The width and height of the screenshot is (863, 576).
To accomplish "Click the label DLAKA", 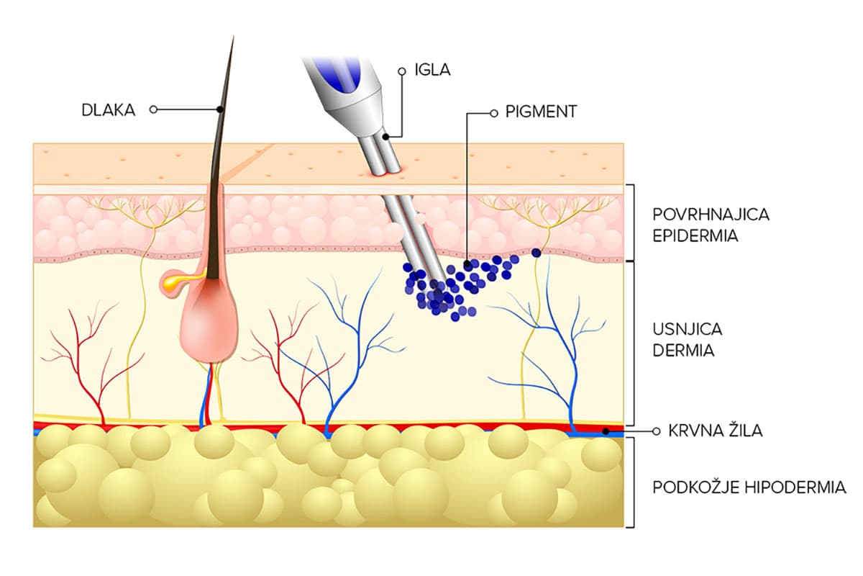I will pos(108,110).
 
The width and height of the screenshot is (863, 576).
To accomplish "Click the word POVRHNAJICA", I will pos(702,215).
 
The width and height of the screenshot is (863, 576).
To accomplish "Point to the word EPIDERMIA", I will pos(695,235).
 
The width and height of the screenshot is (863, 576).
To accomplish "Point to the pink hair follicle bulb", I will pos(209,324).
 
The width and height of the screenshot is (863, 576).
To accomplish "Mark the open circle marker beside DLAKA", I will pos(152,109).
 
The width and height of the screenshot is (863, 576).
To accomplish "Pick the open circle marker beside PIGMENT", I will pos(493,113).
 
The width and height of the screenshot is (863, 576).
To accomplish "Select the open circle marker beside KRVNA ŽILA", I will pos(654,431).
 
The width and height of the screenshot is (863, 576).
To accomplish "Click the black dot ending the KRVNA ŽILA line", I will pos(606,431).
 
